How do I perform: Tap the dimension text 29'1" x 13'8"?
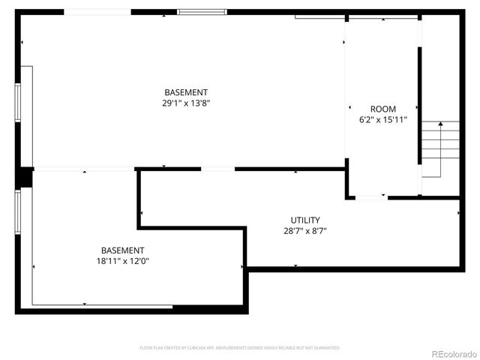point(186,103)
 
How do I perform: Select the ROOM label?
point(382,109)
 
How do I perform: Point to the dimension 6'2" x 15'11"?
point(382,119)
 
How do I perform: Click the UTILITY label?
point(305,220)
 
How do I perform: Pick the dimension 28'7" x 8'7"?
point(305,231)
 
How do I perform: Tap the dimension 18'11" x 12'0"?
point(122,261)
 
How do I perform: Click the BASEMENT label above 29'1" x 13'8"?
point(186,92)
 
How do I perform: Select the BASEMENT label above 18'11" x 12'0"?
point(122,250)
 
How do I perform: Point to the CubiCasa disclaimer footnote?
point(240,348)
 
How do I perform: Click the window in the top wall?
point(202,12)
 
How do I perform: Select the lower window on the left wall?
point(17,213)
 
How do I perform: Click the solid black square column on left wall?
point(24,177)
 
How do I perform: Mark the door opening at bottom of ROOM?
point(371,197)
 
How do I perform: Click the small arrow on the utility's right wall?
point(459,213)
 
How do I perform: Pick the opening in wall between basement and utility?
point(217,169)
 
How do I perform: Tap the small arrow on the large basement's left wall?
point(23,43)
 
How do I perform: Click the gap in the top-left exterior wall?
point(97,12)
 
